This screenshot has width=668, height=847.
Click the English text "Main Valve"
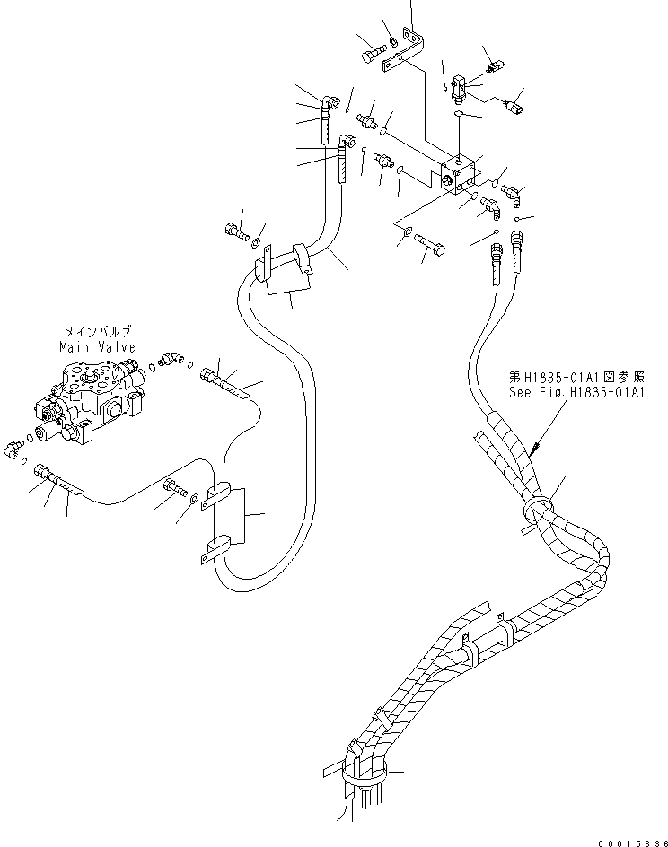coord(98,346)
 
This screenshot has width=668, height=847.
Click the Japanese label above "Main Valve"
coord(98,331)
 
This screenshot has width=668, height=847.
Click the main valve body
coord(88,396)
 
